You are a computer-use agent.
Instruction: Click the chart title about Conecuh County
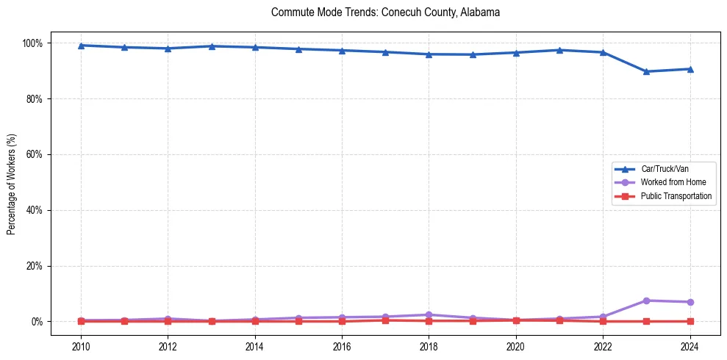click(x=385, y=12)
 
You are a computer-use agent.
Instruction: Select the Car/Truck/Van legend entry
click(x=665, y=169)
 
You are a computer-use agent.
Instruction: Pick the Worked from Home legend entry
click(x=670, y=182)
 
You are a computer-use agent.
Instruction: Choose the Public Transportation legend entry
click(x=676, y=196)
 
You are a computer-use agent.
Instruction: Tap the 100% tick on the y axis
click(x=32, y=43)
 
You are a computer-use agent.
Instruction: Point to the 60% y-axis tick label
click(x=34, y=154)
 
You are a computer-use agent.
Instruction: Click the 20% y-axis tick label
click(x=34, y=266)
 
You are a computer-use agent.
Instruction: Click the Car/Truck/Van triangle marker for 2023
click(x=646, y=71)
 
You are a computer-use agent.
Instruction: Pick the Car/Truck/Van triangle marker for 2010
click(x=81, y=46)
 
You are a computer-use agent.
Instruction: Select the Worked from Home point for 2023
click(x=646, y=300)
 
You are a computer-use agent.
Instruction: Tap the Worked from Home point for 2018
click(x=429, y=314)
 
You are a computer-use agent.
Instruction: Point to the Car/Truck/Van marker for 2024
click(x=690, y=69)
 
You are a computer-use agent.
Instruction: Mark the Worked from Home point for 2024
click(x=690, y=302)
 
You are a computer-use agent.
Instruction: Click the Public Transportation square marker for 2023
click(x=646, y=321)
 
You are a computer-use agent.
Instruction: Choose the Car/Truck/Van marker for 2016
click(x=342, y=50)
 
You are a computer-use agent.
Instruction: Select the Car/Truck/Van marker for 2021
click(x=559, y=50)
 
